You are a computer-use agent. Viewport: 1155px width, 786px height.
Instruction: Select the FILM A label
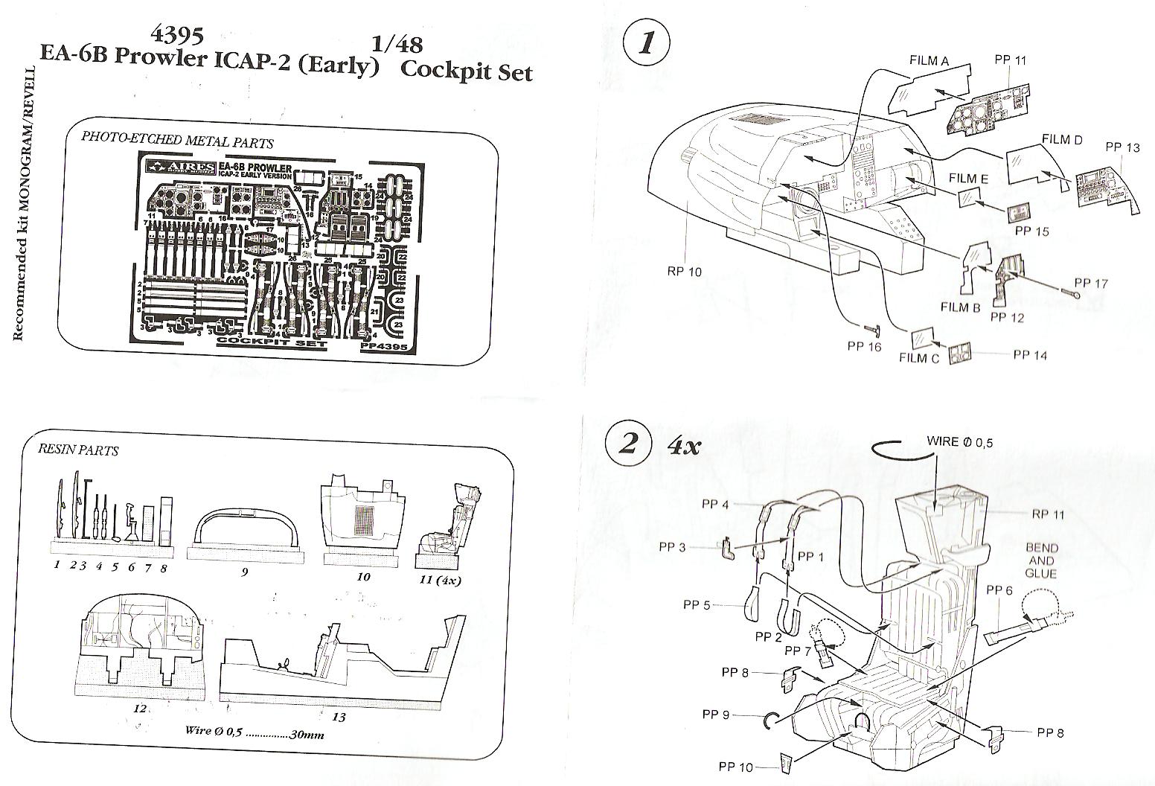click(928, 62)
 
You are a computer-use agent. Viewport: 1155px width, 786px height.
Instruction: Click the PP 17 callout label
click(1091, 283)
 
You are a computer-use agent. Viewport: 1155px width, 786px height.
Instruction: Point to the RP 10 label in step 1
click(684, 272)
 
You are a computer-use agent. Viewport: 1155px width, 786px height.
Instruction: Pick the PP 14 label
click(1030, 355)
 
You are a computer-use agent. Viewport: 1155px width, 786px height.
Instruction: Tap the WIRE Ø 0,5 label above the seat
click(959, 441)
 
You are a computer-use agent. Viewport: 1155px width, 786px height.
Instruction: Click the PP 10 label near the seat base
click(736, 767)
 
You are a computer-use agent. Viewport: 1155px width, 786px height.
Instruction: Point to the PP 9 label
click(715, 715)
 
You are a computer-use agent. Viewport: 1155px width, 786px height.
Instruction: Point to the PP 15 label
click(1031, 231)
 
